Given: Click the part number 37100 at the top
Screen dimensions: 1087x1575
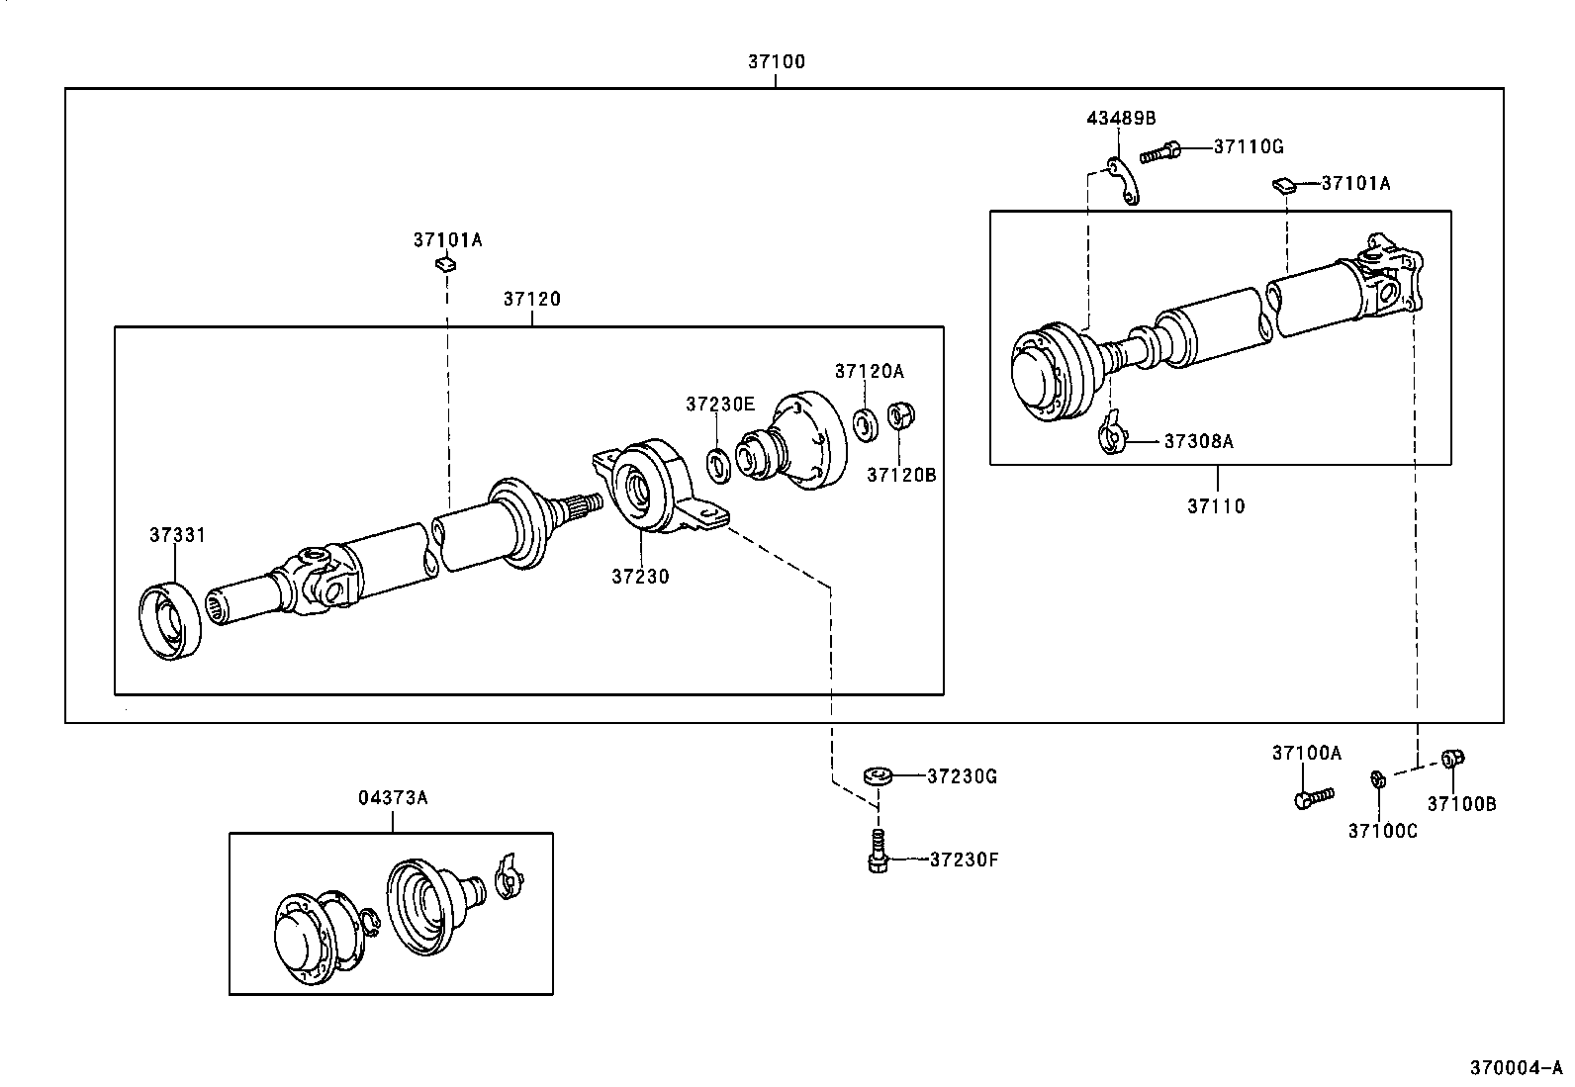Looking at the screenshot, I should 776,61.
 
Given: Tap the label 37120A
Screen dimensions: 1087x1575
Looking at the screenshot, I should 869,371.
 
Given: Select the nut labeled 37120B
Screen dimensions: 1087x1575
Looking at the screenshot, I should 898,415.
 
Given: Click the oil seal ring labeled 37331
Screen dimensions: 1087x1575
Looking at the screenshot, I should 173,621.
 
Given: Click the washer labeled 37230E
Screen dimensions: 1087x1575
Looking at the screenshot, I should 719,465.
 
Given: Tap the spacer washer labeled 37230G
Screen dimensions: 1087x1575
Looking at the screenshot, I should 877,776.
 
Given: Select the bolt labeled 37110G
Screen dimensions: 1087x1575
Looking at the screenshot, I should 1161,152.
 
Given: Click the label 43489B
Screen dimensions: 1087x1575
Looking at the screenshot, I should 1120,118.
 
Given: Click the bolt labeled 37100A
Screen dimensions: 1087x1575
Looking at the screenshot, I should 1312,797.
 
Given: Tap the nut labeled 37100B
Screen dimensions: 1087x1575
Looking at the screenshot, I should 1452,759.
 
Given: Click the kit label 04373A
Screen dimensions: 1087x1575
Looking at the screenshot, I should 393,797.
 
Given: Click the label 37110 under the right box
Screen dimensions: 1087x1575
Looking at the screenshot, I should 1216,506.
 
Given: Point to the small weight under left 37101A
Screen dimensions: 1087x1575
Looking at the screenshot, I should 445,264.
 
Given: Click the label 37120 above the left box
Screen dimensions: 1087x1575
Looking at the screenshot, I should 531,299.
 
